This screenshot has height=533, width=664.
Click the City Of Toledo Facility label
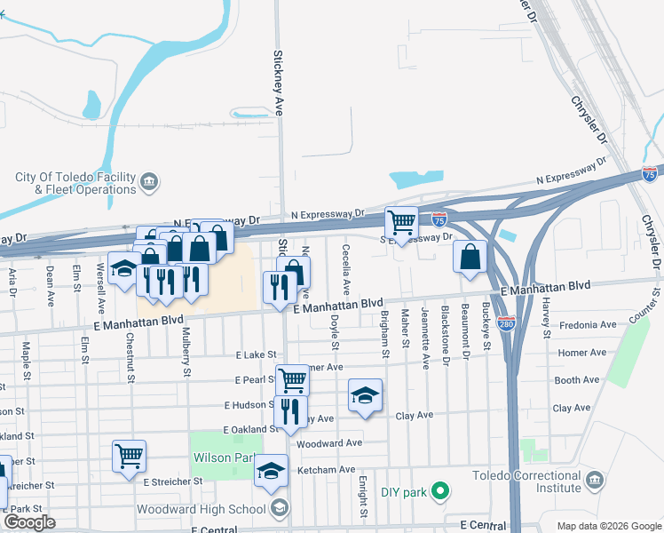tap(75, 183)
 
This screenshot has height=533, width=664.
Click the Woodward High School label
tap(201, 509)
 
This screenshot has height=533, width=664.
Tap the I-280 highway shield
tap(505, 324)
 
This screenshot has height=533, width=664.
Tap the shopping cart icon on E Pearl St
tap(292, 379)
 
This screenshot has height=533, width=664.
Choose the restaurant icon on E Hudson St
tap(290, 411)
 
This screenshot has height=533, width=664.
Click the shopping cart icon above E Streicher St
tap(129, 456)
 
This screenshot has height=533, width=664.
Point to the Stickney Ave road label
tap(278, 94)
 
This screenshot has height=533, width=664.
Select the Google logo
tap(29, 522)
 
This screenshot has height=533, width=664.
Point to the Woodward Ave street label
tap(330, 442)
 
